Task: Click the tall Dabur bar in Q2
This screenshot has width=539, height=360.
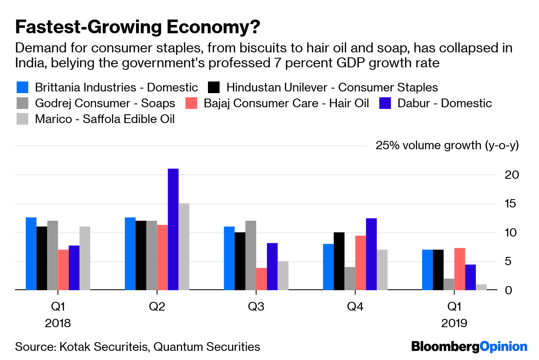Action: [x=173, y=229]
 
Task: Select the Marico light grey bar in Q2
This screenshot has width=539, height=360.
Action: [x=184, y=247]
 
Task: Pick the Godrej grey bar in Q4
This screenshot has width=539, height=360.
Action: [x=349, y=278]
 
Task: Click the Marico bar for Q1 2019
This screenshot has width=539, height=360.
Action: [x=481, y=287]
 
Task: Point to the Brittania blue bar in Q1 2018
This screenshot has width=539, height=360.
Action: [x=31, y=253]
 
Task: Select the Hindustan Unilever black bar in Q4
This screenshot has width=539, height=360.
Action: [x=339, y=261]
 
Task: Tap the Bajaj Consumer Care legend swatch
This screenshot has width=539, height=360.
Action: [x=191, y=103]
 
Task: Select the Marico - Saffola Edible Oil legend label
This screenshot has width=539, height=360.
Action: [x=105, y=119]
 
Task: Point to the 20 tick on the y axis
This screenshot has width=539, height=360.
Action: [x=509, y=175]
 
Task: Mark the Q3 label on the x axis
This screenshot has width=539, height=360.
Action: [x=256, y=307]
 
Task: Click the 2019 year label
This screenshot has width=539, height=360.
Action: [x=454, y=323]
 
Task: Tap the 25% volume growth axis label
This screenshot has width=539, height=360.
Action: [x=447, y=145]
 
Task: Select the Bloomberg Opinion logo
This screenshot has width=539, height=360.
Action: [x=469, y=346]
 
